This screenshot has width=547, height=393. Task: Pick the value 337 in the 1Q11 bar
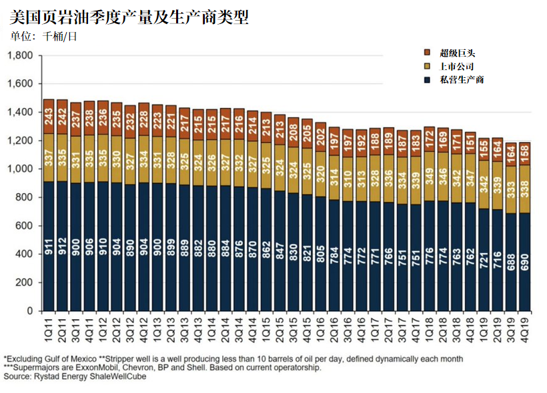click(x=49, y=154)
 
